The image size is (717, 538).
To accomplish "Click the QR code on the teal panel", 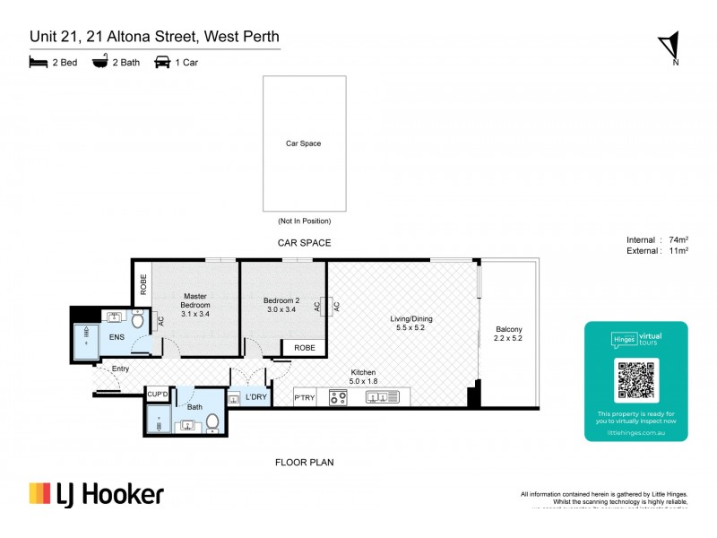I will point(636,380).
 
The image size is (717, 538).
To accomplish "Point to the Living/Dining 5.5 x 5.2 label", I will point(411,324).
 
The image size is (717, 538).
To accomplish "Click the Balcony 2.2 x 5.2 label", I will point(508,334).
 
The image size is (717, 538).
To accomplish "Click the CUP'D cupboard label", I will point(158,393).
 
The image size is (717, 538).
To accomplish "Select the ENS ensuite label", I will point(117,337).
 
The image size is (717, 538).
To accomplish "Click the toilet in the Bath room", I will point(212,421).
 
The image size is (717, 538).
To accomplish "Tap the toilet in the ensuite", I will point(138,319).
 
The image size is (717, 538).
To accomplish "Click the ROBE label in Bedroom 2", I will point(304,347).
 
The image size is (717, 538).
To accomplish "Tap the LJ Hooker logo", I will point(97,494).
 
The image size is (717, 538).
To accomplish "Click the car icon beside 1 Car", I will point(163,63).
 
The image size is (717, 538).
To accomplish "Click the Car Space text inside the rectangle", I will point(303,143).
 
